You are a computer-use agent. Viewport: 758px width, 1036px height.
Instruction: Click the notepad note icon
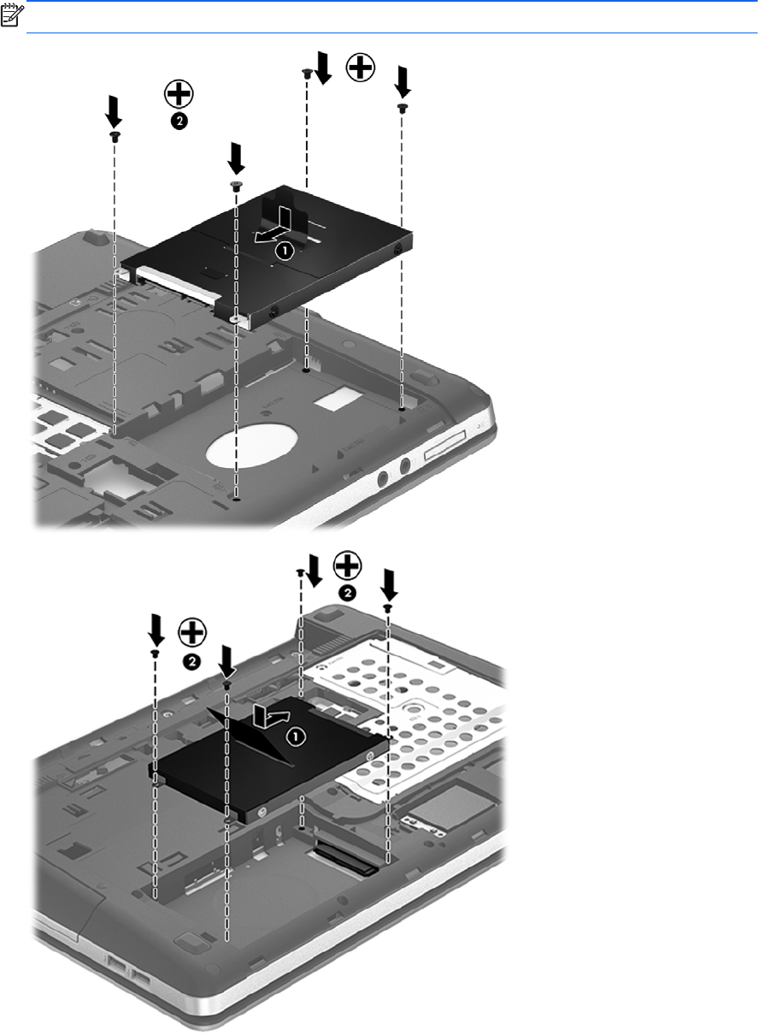coord(11,15)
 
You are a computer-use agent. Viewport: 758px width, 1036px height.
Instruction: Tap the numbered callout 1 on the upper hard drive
coord(285,252)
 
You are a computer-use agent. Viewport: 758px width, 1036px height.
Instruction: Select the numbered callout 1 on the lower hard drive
coord(296,737)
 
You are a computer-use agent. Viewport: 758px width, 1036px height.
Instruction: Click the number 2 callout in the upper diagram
coord(179,121)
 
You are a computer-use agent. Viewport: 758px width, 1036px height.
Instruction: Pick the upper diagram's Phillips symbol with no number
coord(361,68)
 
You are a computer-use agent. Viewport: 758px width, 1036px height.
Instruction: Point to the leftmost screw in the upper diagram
coord(115,136)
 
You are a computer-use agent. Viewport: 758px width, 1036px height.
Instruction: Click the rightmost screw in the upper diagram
coord(402,109)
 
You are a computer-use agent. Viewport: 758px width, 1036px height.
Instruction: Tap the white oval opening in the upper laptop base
coord(251,446)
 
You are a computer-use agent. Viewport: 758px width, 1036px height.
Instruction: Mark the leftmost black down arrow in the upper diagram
coord(113,112)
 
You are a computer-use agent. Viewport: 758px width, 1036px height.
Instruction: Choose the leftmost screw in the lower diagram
coord(156,653)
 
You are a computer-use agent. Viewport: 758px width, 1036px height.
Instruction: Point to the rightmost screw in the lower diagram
coord(389,607)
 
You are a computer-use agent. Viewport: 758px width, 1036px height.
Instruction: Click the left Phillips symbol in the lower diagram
coord(192,632)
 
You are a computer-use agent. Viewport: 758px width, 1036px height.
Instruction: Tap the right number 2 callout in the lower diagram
coord(347,593)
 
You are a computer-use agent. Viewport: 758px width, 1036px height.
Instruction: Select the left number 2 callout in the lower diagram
coord(191,661)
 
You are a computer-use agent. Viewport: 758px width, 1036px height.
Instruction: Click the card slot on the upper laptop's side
coord(445,446)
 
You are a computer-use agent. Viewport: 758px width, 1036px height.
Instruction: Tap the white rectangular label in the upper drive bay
coord(342,399)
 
